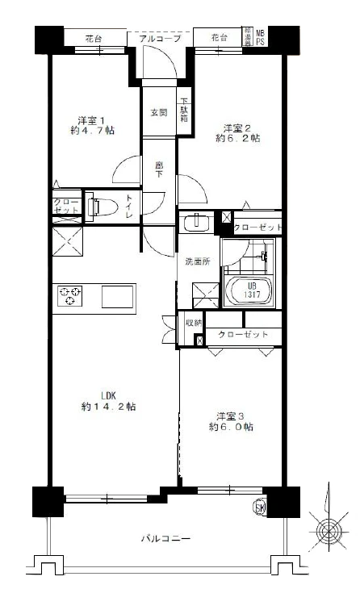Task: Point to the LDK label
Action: click(109, 395)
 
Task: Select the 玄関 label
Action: click(158, 113)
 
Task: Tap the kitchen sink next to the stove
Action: click(120, 296)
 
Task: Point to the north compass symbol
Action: click(329, 528)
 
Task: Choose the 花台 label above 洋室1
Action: click(94, 38)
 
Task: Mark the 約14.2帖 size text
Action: click(109, 407)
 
